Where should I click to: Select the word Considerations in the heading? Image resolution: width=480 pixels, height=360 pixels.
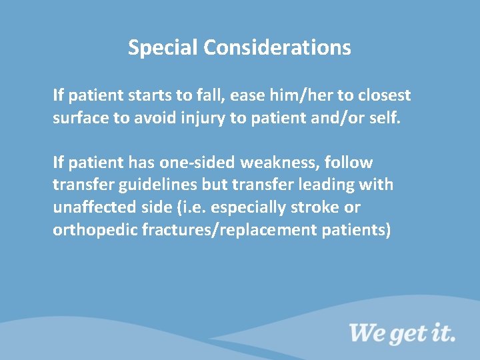tap(277, 48)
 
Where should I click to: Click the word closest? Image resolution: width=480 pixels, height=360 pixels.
tap(384, 95)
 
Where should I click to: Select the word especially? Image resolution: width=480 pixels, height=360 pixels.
tap(248, 208)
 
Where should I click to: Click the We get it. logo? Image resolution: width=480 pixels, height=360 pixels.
tap(402, 331)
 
